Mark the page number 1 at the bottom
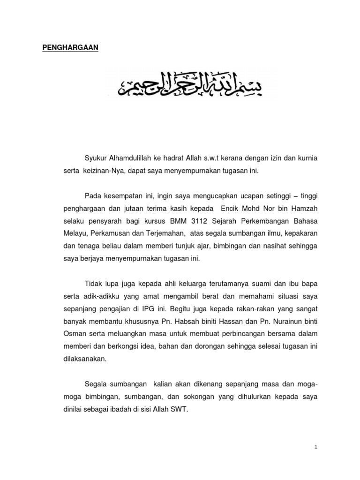click(x=316, y=448)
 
